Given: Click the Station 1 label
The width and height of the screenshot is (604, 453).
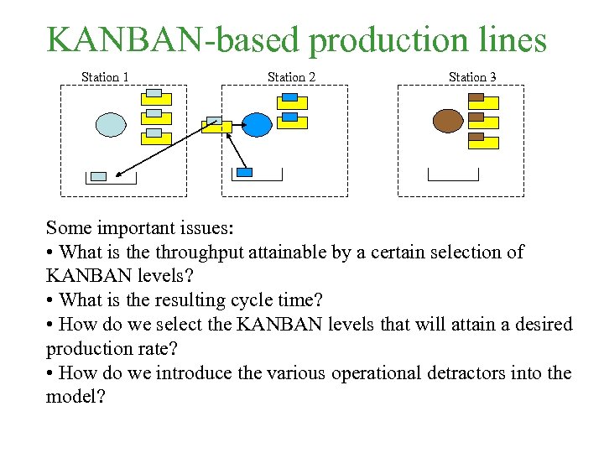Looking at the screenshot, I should [x=105, y=77].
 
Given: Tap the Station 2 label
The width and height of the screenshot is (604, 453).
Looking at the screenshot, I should [x=292, y=77].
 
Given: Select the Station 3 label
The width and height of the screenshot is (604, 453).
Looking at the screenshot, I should [x=472, y=77].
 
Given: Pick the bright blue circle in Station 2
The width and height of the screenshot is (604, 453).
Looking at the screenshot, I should [x=258, y=124].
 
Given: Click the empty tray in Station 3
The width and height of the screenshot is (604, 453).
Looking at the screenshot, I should [x=453, y=176].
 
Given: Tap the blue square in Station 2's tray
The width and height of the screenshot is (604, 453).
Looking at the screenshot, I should [x=245, y=172].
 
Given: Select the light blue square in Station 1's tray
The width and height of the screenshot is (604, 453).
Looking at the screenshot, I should [x=99, y=176].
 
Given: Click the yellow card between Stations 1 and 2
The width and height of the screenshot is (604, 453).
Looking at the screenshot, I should [x=216, y=127].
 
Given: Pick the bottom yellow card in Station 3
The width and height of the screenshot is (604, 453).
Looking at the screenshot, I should [x=483, y=143].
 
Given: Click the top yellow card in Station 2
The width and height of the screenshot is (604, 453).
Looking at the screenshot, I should [x=292, y=102].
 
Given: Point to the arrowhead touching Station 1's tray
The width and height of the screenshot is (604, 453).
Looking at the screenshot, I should [x=119, y=175].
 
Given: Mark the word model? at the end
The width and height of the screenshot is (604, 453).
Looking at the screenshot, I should [x=76, y=397].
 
